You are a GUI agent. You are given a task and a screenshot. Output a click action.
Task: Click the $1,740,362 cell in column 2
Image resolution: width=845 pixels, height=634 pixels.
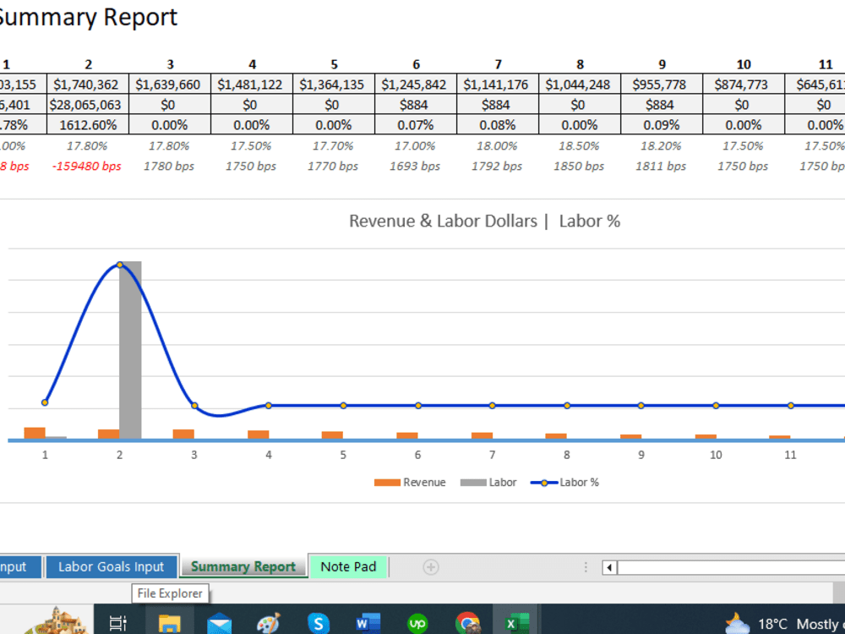[x=87, y=85]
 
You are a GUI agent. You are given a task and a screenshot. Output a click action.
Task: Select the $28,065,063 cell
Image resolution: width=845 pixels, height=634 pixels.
[x=87, y=105]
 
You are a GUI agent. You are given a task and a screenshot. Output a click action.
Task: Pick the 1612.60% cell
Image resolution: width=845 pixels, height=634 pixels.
[x=87, y=125]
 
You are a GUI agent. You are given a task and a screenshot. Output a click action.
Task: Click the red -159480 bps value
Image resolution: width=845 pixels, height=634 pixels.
[x=87, y=167]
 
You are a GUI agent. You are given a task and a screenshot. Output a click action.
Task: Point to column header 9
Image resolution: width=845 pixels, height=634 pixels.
[x=662, y=64]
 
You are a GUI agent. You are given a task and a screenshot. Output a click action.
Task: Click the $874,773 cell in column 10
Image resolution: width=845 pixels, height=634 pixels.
[x=743, y=85]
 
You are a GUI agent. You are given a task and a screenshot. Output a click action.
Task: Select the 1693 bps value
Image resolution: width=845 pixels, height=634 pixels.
[x=415, y=167]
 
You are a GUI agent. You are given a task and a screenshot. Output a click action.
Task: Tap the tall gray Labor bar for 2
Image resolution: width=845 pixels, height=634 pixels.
[x=130, y=351]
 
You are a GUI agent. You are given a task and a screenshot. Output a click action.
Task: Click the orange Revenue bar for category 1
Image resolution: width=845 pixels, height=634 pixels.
[x=35, y=433]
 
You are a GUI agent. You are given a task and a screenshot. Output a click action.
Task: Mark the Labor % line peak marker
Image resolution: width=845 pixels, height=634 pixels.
[x=120, y=265]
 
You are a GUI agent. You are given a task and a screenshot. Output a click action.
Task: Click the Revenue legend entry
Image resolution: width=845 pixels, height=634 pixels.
[x=411, y=483]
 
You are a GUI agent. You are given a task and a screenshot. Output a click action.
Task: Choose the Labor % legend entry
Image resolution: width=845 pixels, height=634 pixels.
[x=565, y=483]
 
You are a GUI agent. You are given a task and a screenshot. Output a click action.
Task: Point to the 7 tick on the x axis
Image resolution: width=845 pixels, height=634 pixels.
[x=492, y=455]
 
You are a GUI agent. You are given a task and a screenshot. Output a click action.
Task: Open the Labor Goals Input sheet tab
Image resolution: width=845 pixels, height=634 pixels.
[x=111, y=566]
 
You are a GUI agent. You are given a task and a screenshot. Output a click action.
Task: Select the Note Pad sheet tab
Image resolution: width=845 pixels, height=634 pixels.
[x=348, y=566]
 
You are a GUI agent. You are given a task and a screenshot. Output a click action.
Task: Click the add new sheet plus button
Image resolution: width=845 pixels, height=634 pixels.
[x=431, y=566]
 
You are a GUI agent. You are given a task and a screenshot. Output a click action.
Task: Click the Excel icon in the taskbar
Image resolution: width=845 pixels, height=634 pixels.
[x=511, y=624]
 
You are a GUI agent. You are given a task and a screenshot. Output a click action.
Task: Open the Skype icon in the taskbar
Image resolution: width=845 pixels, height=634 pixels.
[x=319, y=624]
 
